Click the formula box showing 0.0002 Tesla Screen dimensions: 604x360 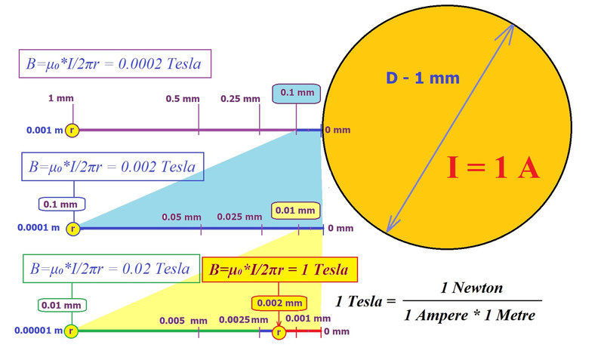click(115, 64)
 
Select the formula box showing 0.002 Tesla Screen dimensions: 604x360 click(112, 167)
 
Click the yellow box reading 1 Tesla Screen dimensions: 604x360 click(279, 269)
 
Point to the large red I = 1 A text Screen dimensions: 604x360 click(493, 168)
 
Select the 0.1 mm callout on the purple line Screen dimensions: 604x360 click(297, 94)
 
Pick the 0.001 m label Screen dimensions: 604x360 click(39, 131)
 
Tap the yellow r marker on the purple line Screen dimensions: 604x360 click(72, 131)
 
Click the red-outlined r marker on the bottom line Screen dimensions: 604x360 click(279, 331)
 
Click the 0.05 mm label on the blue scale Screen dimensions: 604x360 click(181, 217)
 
